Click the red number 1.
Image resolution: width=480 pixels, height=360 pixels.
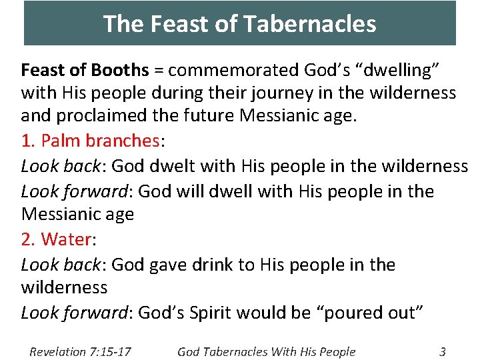(27, 141)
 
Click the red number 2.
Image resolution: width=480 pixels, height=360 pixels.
(27, 239)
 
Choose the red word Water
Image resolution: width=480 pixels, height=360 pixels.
(65, 239)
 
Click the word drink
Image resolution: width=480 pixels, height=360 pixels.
(215, 265)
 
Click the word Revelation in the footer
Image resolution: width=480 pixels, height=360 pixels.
(57, 352)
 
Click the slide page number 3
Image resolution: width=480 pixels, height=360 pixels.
(443, 352)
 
